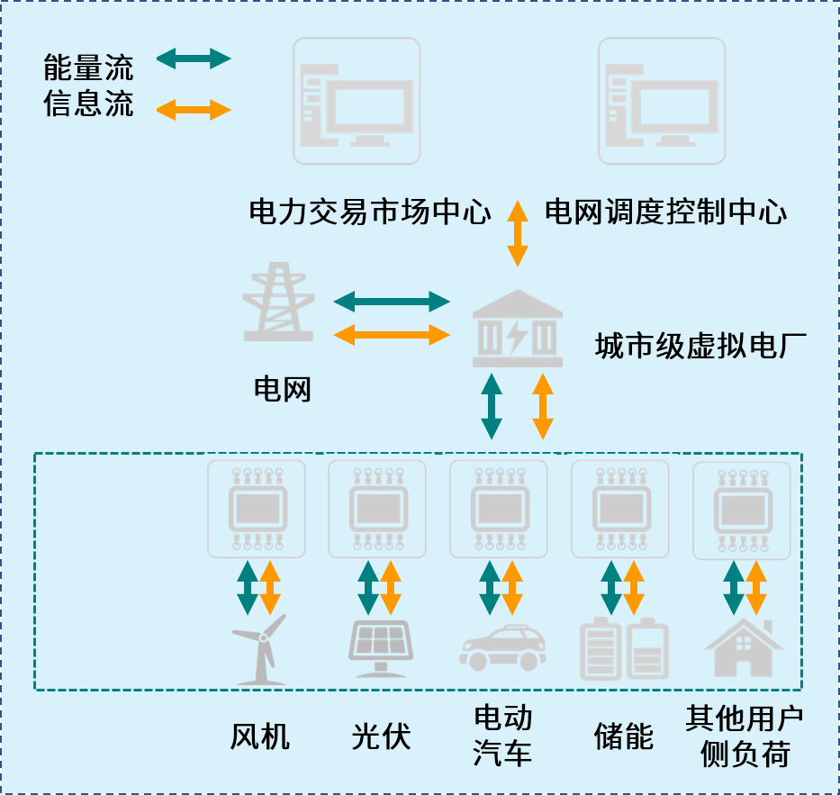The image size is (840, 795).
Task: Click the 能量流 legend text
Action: pos(88,68)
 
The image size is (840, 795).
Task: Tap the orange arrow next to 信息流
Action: pos(194,111)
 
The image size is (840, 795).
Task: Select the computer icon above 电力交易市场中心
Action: pos(357,101)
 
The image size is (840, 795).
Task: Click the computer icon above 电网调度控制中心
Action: pos(662,101)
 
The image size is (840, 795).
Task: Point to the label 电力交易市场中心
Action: pos(370,212)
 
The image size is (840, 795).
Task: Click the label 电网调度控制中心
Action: pos(666,212)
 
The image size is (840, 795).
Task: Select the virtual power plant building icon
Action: pos(518,328)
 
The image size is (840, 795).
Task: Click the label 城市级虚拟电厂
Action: pos(700,346)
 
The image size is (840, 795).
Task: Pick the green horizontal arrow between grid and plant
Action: pos(391,300)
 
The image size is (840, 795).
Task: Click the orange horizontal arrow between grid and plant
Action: pos(391,335)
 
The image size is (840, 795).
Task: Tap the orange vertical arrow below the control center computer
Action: pos(517,233)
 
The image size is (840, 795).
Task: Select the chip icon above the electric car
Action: pos(499,510)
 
